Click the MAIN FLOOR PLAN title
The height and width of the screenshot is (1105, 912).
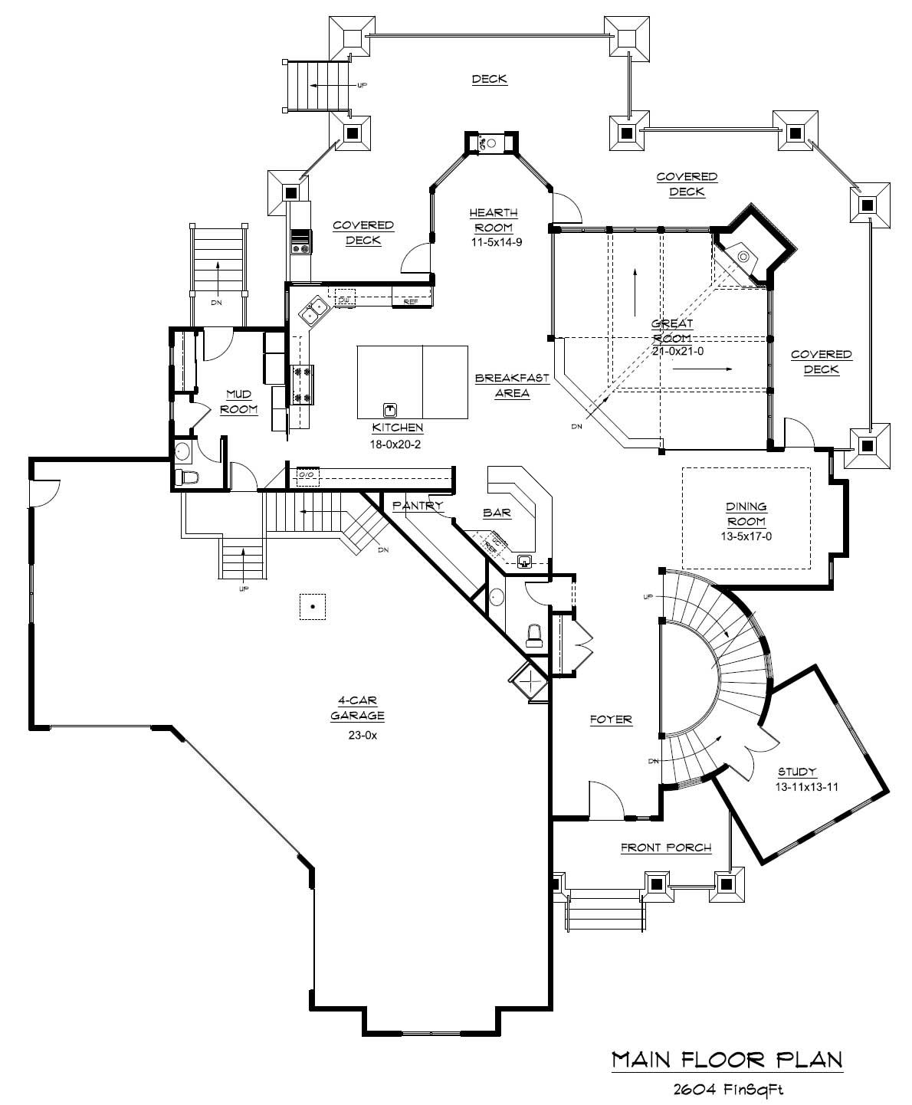(x=727, y=1059)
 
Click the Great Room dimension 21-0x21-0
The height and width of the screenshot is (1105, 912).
(x=672, y=351)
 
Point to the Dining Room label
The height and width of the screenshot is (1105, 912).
(x=746, y=513)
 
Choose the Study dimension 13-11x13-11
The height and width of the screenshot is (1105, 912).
(x=797, y=786)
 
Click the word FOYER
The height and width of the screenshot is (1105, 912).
(x=611, y=720)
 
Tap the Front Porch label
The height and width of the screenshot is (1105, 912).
(x=666, y=847)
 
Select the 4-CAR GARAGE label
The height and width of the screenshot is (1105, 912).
(x=357, y=708)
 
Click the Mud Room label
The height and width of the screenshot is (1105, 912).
(x=238, y=402)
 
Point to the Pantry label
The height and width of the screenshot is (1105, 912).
(x=418, y=506)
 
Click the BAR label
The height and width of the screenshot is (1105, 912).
(x=497, y=513)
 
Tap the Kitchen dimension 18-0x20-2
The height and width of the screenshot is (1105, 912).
(x=398, y=442)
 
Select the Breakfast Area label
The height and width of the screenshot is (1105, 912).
(x=502, y=385)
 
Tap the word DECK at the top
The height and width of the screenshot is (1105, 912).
(x=489, y=79)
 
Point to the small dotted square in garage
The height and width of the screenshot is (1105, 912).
(x=313, y=607)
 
